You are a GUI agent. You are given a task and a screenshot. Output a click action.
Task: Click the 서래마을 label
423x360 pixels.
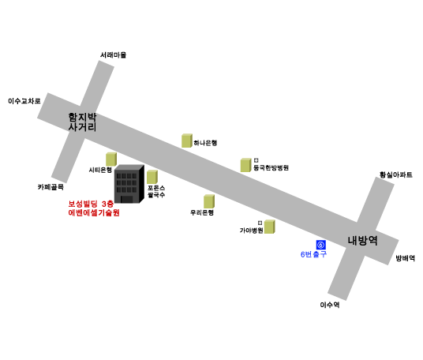[114, 55]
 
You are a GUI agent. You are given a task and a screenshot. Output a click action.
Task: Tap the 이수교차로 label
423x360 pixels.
[24, 101]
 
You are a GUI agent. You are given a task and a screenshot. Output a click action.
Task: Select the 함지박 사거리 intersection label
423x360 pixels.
[82, 122]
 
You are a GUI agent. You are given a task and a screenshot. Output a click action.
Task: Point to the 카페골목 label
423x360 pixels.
[51, 187]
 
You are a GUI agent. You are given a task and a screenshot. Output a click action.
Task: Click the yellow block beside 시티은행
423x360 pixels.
[111, 159]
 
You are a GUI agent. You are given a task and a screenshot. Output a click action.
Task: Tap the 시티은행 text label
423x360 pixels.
[100, 170]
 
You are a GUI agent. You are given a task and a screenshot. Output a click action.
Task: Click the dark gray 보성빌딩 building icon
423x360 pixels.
[129, 184]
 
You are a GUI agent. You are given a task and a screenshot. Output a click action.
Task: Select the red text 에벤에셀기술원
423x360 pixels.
[94, 212]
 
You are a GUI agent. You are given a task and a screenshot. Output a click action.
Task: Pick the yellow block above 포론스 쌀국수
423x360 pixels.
[152, 177]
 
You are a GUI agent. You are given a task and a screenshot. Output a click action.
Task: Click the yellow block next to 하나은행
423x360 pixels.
[187, 141]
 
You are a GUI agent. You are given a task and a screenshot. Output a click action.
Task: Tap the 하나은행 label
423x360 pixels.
[205, 143]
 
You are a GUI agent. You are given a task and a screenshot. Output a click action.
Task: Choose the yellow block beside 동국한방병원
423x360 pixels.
[246, 165]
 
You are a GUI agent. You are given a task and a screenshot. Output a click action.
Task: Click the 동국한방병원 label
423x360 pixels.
[271, 167]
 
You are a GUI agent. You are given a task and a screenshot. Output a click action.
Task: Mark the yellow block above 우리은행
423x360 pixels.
[209, 201]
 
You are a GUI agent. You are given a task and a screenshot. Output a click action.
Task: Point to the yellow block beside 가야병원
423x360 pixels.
[269, 227]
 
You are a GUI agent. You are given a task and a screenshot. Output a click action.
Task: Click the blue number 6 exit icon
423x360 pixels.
[320, 245]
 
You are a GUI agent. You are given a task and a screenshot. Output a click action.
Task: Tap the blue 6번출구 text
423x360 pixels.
[313, 254]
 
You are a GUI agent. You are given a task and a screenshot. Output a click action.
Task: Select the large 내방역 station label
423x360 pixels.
[362, 241]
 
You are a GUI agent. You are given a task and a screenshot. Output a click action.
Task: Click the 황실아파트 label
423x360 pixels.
[396, 175]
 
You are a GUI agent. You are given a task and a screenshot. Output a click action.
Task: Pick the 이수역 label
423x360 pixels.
[330, 305]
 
